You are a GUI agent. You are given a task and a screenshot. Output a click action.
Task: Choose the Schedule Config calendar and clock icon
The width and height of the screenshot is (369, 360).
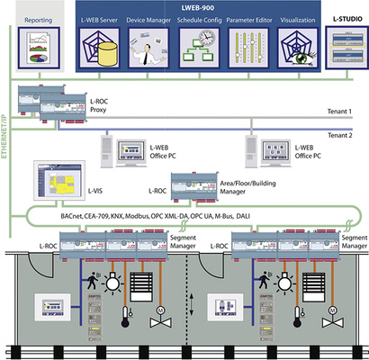pos(200,51)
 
